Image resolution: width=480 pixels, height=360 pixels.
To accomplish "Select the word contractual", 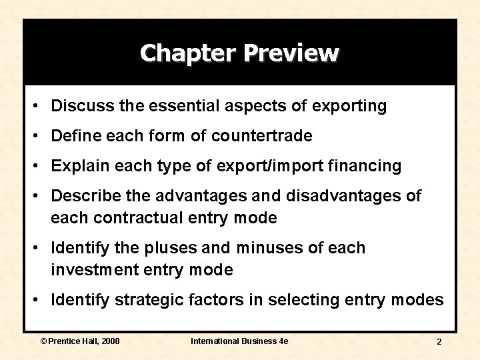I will (x=149, y=218).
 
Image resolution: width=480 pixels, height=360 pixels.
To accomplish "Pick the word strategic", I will (x=149, y=300).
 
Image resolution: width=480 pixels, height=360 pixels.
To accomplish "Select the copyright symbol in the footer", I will (x=44, y=341).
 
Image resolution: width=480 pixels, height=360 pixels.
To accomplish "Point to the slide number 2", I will (x=439, y=341).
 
